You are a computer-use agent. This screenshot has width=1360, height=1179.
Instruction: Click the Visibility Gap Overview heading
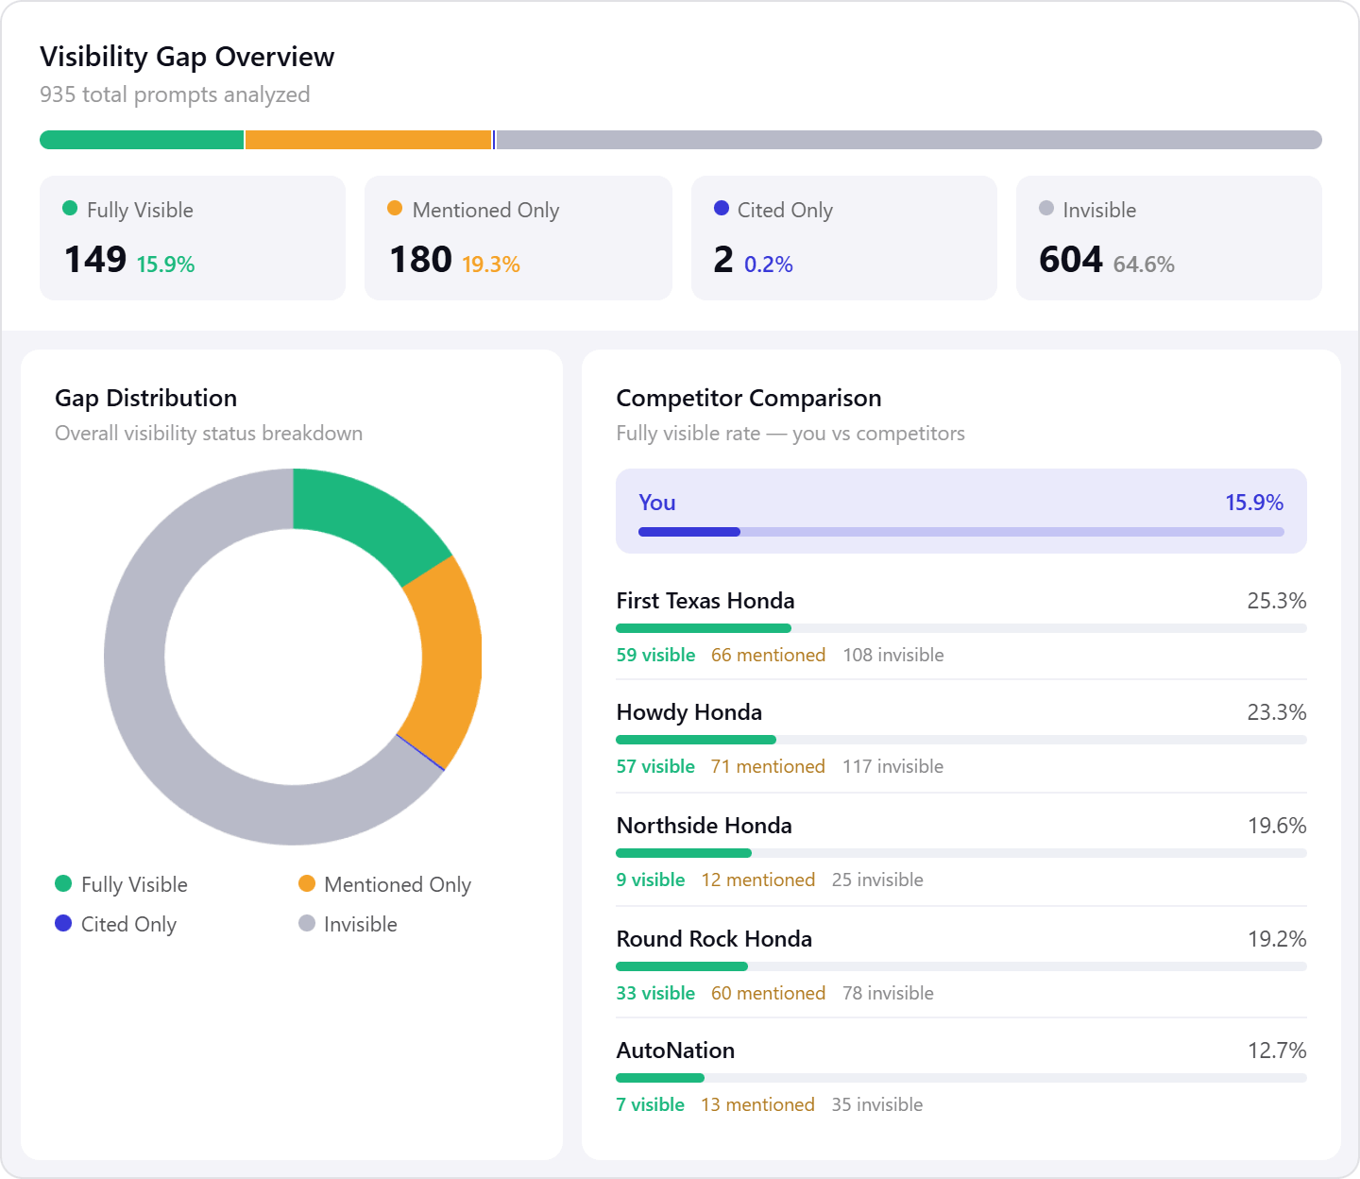coord(187,57)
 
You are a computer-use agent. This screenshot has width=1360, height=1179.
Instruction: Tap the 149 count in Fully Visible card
coord(95,260)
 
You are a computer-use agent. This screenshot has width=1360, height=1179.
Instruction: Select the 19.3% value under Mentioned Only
coord(490,265)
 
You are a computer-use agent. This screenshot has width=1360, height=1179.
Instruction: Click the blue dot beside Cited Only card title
coord(722,209)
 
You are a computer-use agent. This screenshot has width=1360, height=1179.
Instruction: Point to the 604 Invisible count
coord(1070,260)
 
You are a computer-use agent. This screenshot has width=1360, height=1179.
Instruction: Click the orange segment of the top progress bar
coord(367,140)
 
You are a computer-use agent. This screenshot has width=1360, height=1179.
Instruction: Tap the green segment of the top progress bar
coord(142,140)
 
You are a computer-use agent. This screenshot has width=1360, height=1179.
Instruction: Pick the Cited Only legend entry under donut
coord(116,924)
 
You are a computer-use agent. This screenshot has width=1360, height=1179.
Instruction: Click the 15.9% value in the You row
coord(1253,503)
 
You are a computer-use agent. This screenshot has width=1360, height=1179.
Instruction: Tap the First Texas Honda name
coord(705,601)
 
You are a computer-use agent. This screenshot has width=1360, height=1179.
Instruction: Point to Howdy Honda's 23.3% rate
coord(1276,712)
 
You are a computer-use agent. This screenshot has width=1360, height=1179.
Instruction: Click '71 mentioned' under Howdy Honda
coord(768,766)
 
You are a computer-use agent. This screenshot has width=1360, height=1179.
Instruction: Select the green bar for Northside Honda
coord(683,853)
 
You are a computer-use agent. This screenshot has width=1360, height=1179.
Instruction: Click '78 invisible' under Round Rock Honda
coord(888,993)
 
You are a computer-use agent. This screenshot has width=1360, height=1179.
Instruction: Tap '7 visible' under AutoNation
coord(650,1104)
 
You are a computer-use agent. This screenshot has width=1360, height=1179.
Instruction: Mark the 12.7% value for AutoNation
coord(1276,1051)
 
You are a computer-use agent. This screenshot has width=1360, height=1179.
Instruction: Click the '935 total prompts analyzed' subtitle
coord(175,94)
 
